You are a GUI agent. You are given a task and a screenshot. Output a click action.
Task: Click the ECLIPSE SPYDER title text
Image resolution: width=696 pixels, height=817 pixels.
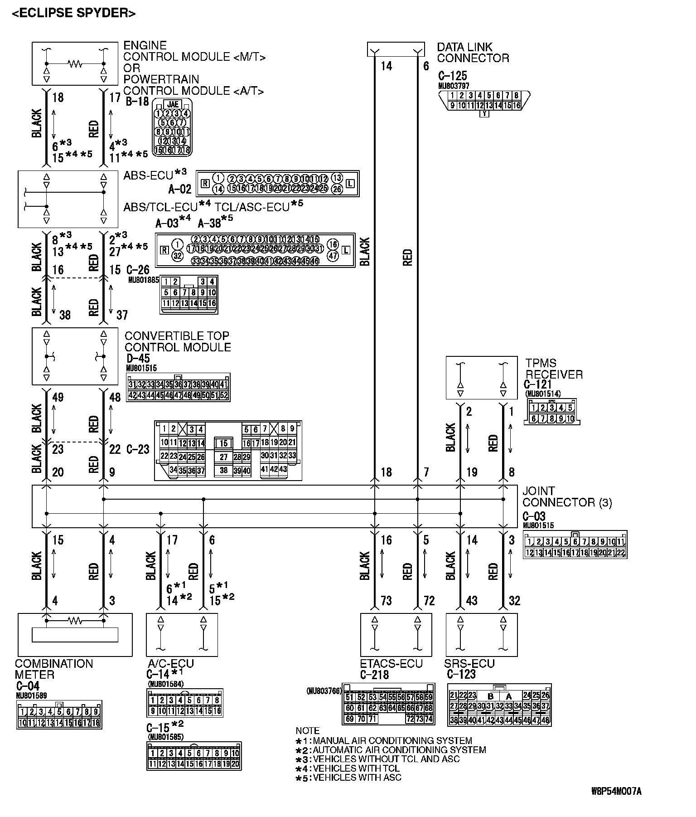click(73, 13)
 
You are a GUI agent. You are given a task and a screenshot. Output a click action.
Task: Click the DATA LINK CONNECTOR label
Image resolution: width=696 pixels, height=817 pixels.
click(473, 53)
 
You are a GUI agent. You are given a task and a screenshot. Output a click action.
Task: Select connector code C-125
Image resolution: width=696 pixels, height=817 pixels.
click(452, 76)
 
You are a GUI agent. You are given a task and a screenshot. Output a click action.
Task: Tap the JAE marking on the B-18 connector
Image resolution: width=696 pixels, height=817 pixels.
click(173, 104)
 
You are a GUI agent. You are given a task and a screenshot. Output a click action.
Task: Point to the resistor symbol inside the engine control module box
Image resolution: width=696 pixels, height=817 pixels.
click(75, 64)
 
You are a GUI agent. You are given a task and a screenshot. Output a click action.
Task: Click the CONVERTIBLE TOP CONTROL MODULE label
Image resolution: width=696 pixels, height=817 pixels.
click(177, 341)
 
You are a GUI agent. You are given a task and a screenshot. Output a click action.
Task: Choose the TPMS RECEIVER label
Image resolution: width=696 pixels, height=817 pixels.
click(554, 369)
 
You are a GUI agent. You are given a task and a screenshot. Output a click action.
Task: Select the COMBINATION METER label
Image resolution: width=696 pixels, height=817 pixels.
click(53, 669)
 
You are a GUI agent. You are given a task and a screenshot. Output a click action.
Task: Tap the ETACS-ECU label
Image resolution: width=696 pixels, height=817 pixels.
click(391, 664)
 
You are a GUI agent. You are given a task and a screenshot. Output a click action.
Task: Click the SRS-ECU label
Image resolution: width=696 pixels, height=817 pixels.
click(469, 664)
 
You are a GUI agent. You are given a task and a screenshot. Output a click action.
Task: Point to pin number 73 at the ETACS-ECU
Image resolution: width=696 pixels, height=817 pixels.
click(386, 601)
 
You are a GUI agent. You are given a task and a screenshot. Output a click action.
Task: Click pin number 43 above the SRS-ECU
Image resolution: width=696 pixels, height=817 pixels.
click(472, 601)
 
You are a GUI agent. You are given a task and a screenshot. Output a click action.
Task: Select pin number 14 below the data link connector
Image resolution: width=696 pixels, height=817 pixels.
click(386, 66)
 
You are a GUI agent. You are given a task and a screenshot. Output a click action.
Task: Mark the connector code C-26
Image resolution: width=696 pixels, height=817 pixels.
click(138, 270)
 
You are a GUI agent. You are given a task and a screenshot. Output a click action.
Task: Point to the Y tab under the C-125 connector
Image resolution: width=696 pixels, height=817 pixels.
click(484, 114)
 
